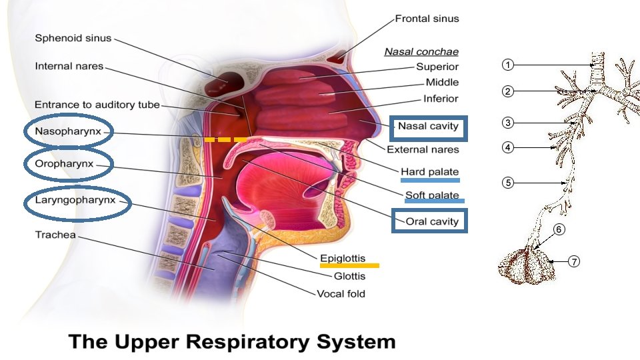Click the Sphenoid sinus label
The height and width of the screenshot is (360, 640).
tap(73, 39)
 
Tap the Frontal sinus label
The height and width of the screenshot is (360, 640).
tap(427, 19)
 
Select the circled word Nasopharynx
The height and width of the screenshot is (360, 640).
tap(68, 131)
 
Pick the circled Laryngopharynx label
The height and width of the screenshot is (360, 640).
tap(75, 199)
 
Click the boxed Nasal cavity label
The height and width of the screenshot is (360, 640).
tap(428, 126)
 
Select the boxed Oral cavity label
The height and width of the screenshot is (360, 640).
tap(428, 221)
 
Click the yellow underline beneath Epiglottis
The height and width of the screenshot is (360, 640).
tap(349, 265)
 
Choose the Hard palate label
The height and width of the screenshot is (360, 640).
tap(429, 172)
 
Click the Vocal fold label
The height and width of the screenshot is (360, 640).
tap(341, 293)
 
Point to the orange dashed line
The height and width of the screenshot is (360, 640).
tap(225, 140)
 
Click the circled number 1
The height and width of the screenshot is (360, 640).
tap(508, 65)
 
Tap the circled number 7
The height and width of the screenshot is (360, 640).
tap(574, 261)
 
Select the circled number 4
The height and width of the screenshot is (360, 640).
tap(508, 147)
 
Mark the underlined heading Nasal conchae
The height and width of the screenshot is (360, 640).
tap(421, 51)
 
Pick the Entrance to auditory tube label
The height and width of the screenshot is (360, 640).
tap(97, 105)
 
